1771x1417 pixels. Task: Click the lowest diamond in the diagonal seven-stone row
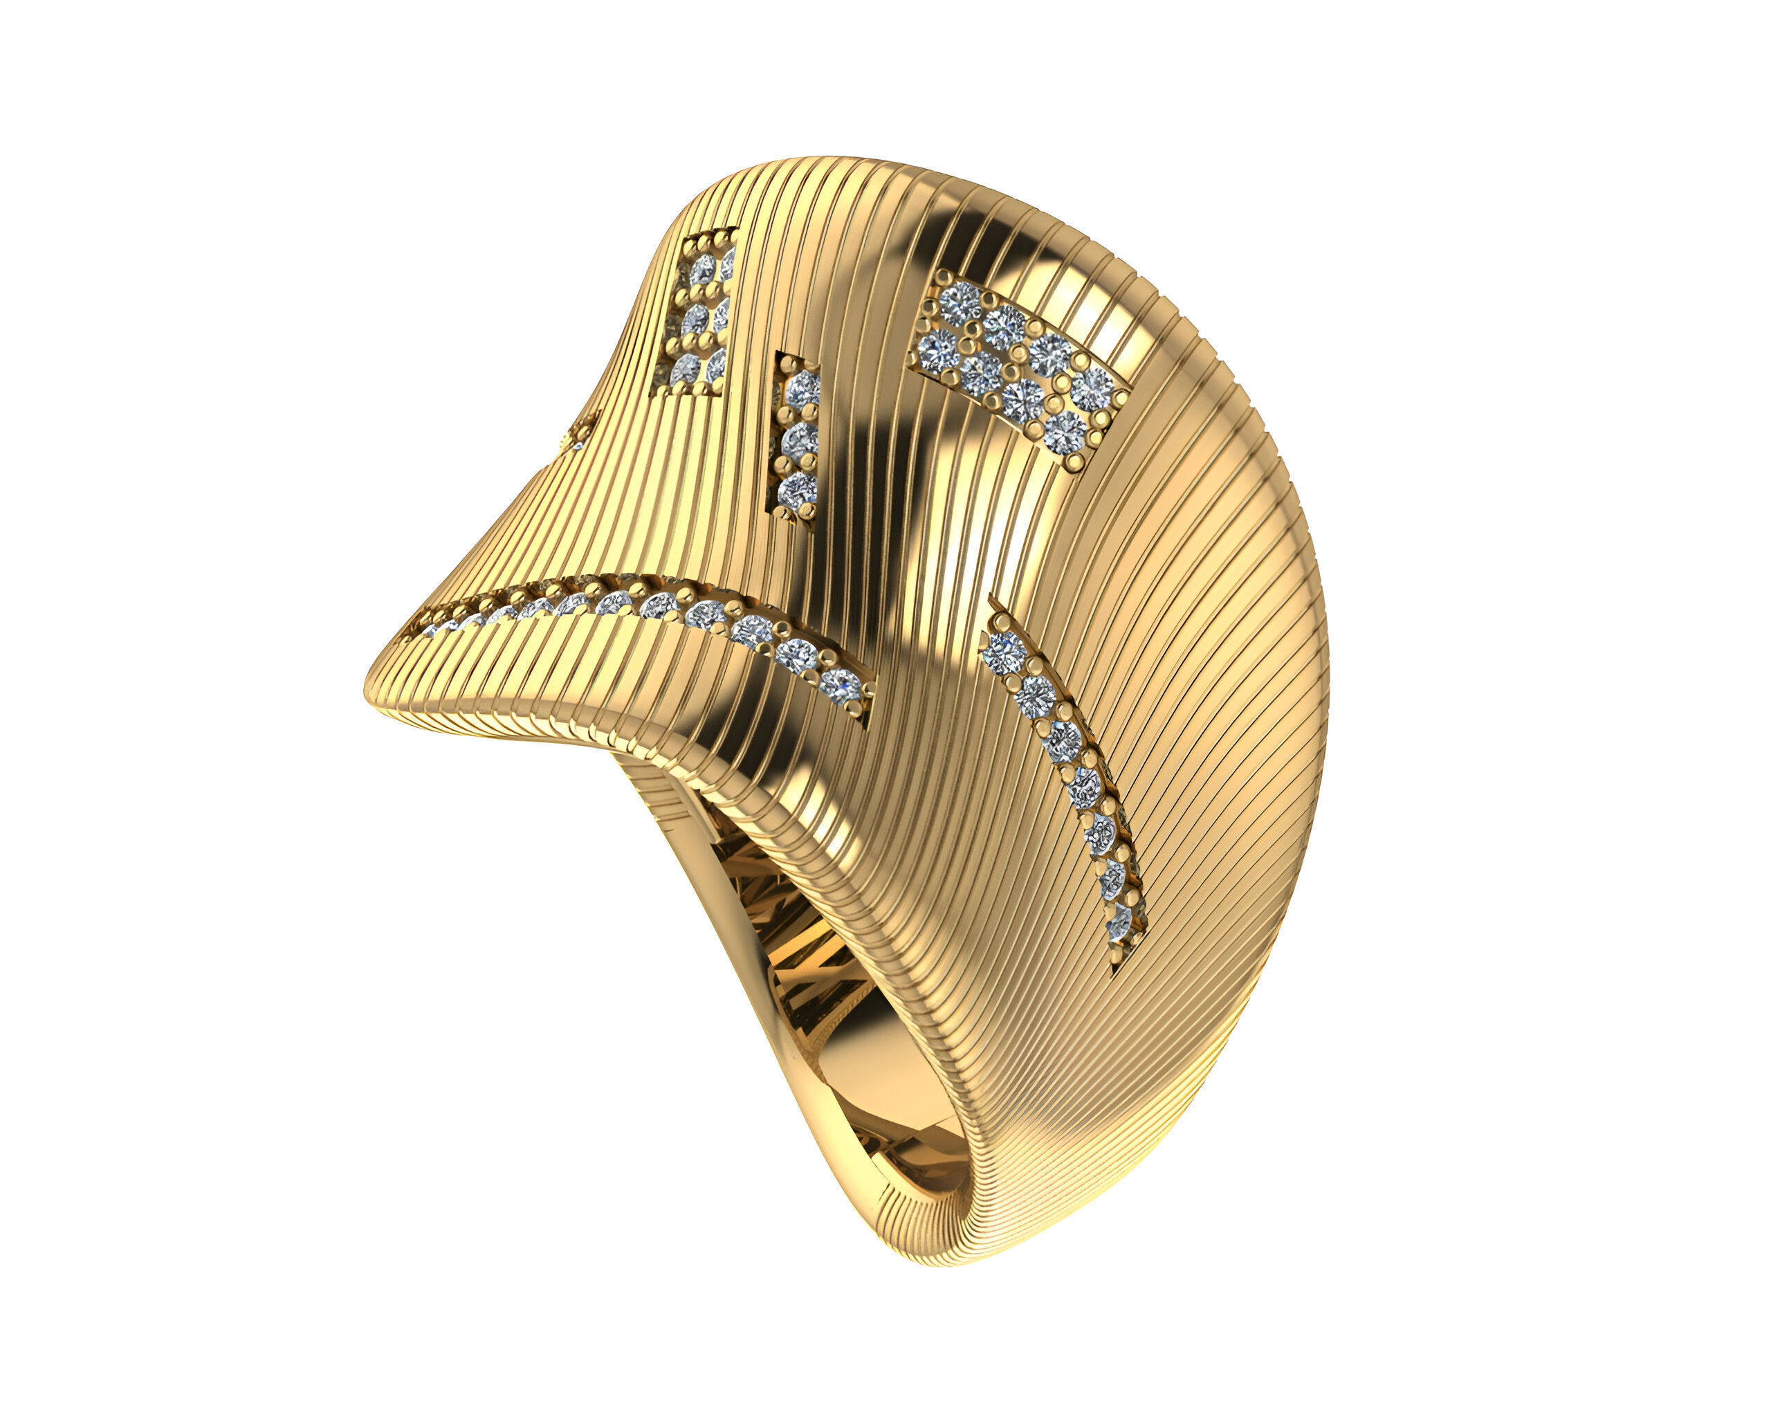1119,926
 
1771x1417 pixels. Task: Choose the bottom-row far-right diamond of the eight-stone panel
1066,429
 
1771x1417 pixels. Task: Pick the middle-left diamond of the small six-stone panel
695,319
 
